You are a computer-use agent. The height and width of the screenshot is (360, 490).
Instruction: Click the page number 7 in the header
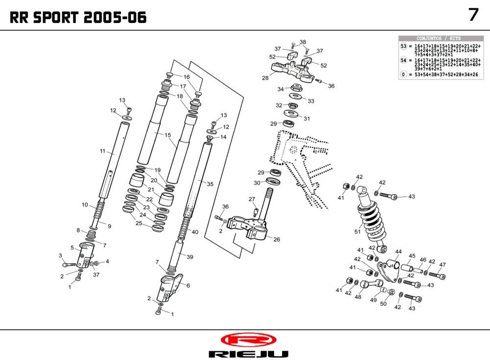473,15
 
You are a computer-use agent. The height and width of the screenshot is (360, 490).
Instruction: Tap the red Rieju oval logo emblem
248,339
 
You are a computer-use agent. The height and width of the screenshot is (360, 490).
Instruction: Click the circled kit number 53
404,46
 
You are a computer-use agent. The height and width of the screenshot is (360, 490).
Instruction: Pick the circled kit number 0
404,75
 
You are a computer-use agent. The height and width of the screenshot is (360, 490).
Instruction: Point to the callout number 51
357,232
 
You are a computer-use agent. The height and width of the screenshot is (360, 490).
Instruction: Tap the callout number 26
277,240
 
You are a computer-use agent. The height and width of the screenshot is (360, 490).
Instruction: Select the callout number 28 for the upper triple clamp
265,78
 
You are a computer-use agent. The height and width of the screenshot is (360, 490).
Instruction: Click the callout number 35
210,184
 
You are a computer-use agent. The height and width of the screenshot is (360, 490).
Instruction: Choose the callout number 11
103,152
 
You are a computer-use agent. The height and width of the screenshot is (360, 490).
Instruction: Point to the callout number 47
442,265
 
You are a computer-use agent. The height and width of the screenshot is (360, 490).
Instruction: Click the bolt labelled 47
438,276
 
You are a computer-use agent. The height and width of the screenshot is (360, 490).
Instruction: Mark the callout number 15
168,135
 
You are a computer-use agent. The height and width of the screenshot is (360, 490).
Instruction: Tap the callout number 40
195,232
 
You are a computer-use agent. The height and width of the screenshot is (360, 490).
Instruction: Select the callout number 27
252,199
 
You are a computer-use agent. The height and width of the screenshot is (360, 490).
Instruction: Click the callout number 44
398,251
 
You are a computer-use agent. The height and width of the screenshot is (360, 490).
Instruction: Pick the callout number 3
60,256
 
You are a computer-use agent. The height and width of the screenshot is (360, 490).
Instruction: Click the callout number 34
280,89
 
